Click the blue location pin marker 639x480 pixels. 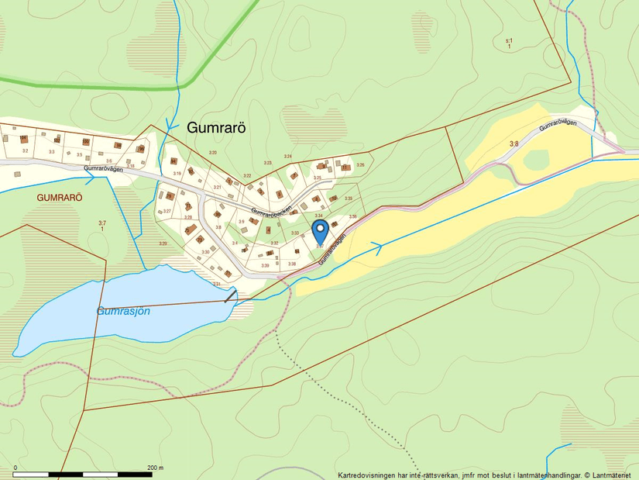(x=319, y=230)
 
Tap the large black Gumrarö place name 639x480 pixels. (x=216, y=129)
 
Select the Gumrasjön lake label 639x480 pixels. (x=123, y=311)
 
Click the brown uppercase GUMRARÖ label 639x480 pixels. (x=60, y=198)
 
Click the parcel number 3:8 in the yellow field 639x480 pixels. (x=514, y=143)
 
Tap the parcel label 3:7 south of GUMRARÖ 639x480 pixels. (x=101, y=226)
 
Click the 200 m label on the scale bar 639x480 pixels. (x=155, y=468)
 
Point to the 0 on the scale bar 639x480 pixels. (x=15, y=468)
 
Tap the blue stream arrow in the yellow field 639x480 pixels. (x=377, y=248)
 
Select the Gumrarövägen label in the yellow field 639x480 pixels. (x=558, y=126)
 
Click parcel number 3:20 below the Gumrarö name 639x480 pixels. (x=213, y=154)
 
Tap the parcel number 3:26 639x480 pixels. (x=359, y=164)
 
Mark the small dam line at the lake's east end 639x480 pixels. (x=230, y=295)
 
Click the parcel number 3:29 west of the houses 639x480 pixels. (x=163, y=243)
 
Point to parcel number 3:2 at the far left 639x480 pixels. (x=25, y=150)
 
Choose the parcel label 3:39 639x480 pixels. (x=265, y=266)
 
